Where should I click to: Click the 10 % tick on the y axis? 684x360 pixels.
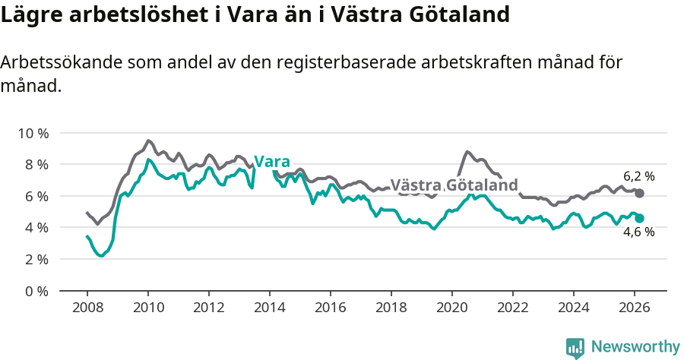pyautogui.click(x=33, y=133)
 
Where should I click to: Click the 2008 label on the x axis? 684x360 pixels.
pyautogui.click(x=87, y=308)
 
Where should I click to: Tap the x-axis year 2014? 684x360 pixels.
pyautogui.click(x=269, y=308)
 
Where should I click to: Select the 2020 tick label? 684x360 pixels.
pyautogui.click(x=451, y=308)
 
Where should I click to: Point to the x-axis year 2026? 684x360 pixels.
pyautogui.click(x=634, y=308)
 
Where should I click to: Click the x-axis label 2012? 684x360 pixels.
pyautogui.click(x=208, y=308)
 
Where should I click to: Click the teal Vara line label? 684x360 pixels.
pyautogui.click(x=272, y=162)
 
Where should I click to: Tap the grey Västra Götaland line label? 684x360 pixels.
pyautogui.click(x=454, y=185)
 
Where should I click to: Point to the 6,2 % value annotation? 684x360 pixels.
pyautogui.click(x=639, y=176)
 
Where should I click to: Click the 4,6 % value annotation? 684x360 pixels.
pyautogui.click(x=639, y=232)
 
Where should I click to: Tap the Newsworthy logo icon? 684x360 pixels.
pyautogui.click(x=575, y=347)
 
